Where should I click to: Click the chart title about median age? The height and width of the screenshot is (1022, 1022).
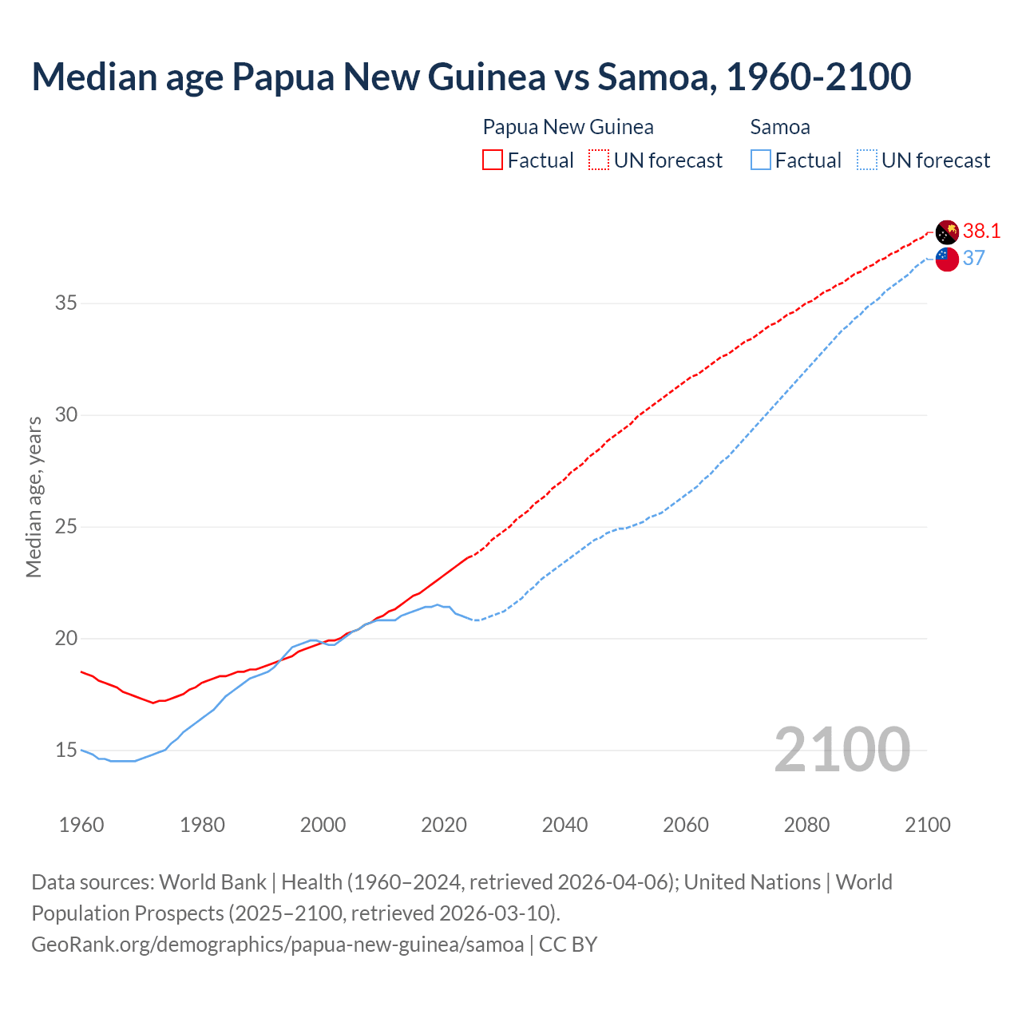pos(471,77)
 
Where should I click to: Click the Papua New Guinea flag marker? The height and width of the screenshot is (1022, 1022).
pos(947,232)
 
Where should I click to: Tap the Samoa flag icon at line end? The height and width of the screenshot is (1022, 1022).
pos(947,259)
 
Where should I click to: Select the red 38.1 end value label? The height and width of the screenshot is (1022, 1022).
pos(981,232)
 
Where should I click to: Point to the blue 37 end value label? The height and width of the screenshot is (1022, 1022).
pos(974,258)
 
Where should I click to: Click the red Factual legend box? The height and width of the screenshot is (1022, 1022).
pos(493,160)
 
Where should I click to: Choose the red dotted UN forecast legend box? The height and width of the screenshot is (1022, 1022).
pos(599,160)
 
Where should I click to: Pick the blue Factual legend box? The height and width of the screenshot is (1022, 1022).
pos(761,160)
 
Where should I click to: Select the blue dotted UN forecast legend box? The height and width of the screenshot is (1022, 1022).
pos(867,160)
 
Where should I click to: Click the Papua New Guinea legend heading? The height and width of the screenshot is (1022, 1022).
pos(568,127)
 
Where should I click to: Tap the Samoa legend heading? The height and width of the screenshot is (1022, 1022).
pos(780,127)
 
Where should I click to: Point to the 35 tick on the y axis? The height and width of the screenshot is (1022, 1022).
pos(66,303)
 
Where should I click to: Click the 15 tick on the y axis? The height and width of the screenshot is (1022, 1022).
pos(66,751)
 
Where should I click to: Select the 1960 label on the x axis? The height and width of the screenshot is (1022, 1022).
pos(81,825)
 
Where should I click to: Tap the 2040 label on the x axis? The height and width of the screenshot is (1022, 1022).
pos(564,825)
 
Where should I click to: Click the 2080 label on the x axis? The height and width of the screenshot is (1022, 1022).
pos(806,825)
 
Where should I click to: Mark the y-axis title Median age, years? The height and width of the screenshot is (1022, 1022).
pos(34,497)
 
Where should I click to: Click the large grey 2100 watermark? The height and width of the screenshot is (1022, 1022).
pos(842,750)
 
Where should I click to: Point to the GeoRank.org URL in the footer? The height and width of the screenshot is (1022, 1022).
pos(277,945)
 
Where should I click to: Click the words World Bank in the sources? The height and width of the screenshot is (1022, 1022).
pos(212,882)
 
